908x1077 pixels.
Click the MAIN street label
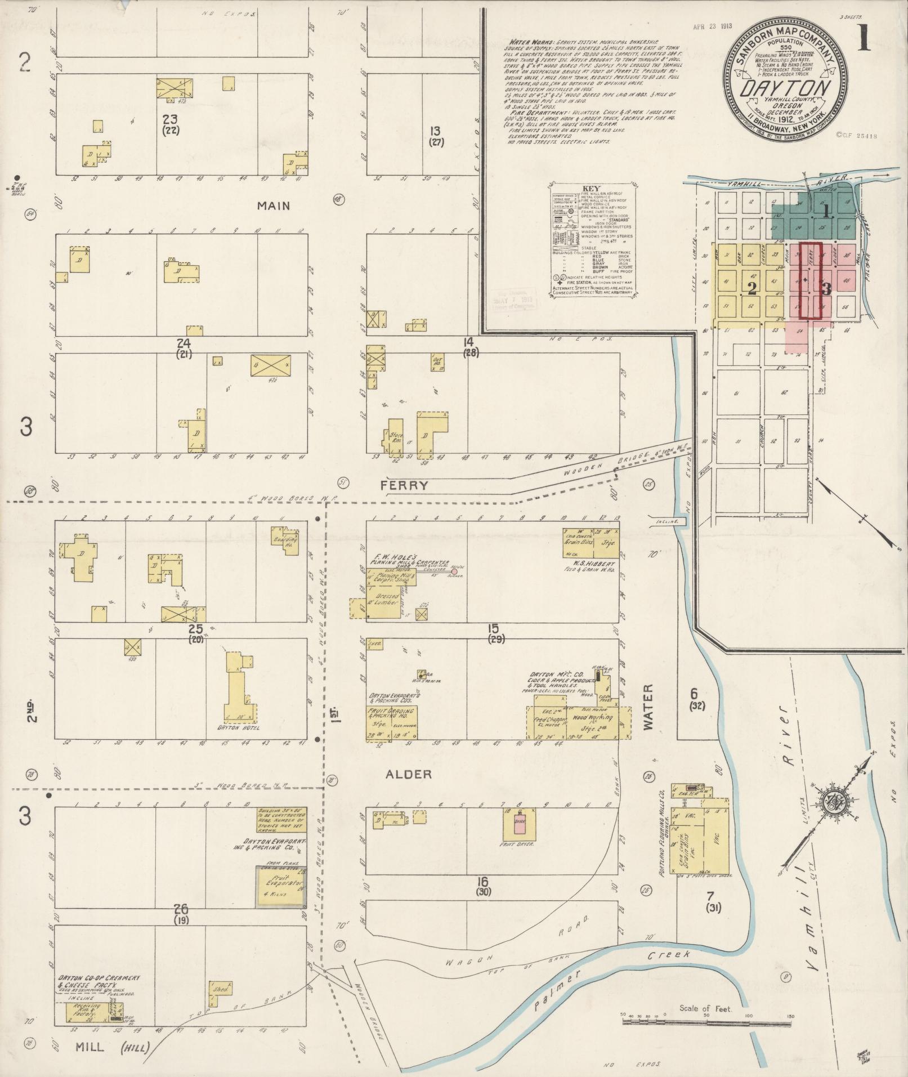(x=274, y=206)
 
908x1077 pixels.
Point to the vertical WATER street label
(x=647, y=707)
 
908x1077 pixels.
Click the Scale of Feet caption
(x=705, y=1008)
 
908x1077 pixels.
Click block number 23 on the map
(x=169, y=119)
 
